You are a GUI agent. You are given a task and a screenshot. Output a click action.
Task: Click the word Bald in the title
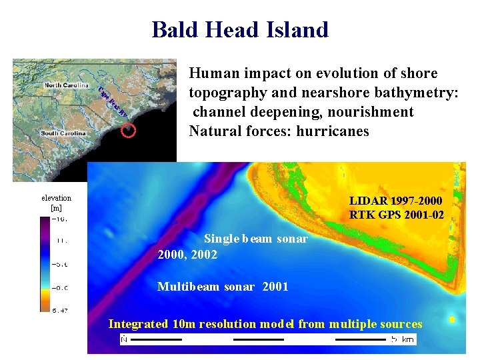(175, 30)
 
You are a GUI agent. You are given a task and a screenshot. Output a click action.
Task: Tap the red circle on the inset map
(129, 131)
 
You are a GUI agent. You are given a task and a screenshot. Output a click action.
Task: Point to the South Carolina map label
(63, 133)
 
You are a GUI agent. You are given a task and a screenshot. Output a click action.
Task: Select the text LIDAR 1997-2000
(395, 201)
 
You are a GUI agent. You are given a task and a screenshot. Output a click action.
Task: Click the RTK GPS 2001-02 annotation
(395, 214)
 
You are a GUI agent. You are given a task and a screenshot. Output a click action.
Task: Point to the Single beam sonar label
(256, 239)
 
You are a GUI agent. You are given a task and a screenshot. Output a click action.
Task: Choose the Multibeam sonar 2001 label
(223, 287)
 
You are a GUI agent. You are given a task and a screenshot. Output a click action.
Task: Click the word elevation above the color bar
(56, 198)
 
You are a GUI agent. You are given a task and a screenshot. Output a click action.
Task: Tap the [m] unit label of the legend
(56, 208)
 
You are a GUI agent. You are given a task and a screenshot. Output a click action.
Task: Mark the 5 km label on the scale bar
(404, 339)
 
